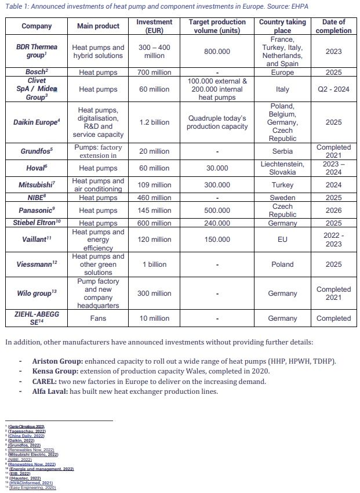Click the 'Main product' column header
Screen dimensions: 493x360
tap(98, 26)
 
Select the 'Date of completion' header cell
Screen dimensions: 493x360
tap(333, 26)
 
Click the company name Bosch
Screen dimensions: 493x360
tap(36, 72)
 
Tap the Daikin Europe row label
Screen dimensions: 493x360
tap(36, 122)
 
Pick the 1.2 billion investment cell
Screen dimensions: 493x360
tap(154, 122)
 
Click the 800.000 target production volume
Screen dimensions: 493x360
tap(217, 52)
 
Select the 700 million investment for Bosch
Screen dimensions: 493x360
tap(154, 72)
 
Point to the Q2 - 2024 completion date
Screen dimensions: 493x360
tap(333, 89)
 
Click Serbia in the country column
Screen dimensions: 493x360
tap(282, 151)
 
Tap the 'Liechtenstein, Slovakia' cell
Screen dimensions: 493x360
tap(282, 168)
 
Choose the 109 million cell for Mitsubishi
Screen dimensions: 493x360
tap(154, 185)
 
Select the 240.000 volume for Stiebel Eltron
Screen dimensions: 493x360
tap(217, 223)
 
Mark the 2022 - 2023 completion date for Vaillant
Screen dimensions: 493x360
tap(333, 240)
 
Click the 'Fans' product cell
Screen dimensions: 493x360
tap(98, 318)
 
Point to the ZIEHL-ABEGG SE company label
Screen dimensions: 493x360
tap(36, 318)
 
